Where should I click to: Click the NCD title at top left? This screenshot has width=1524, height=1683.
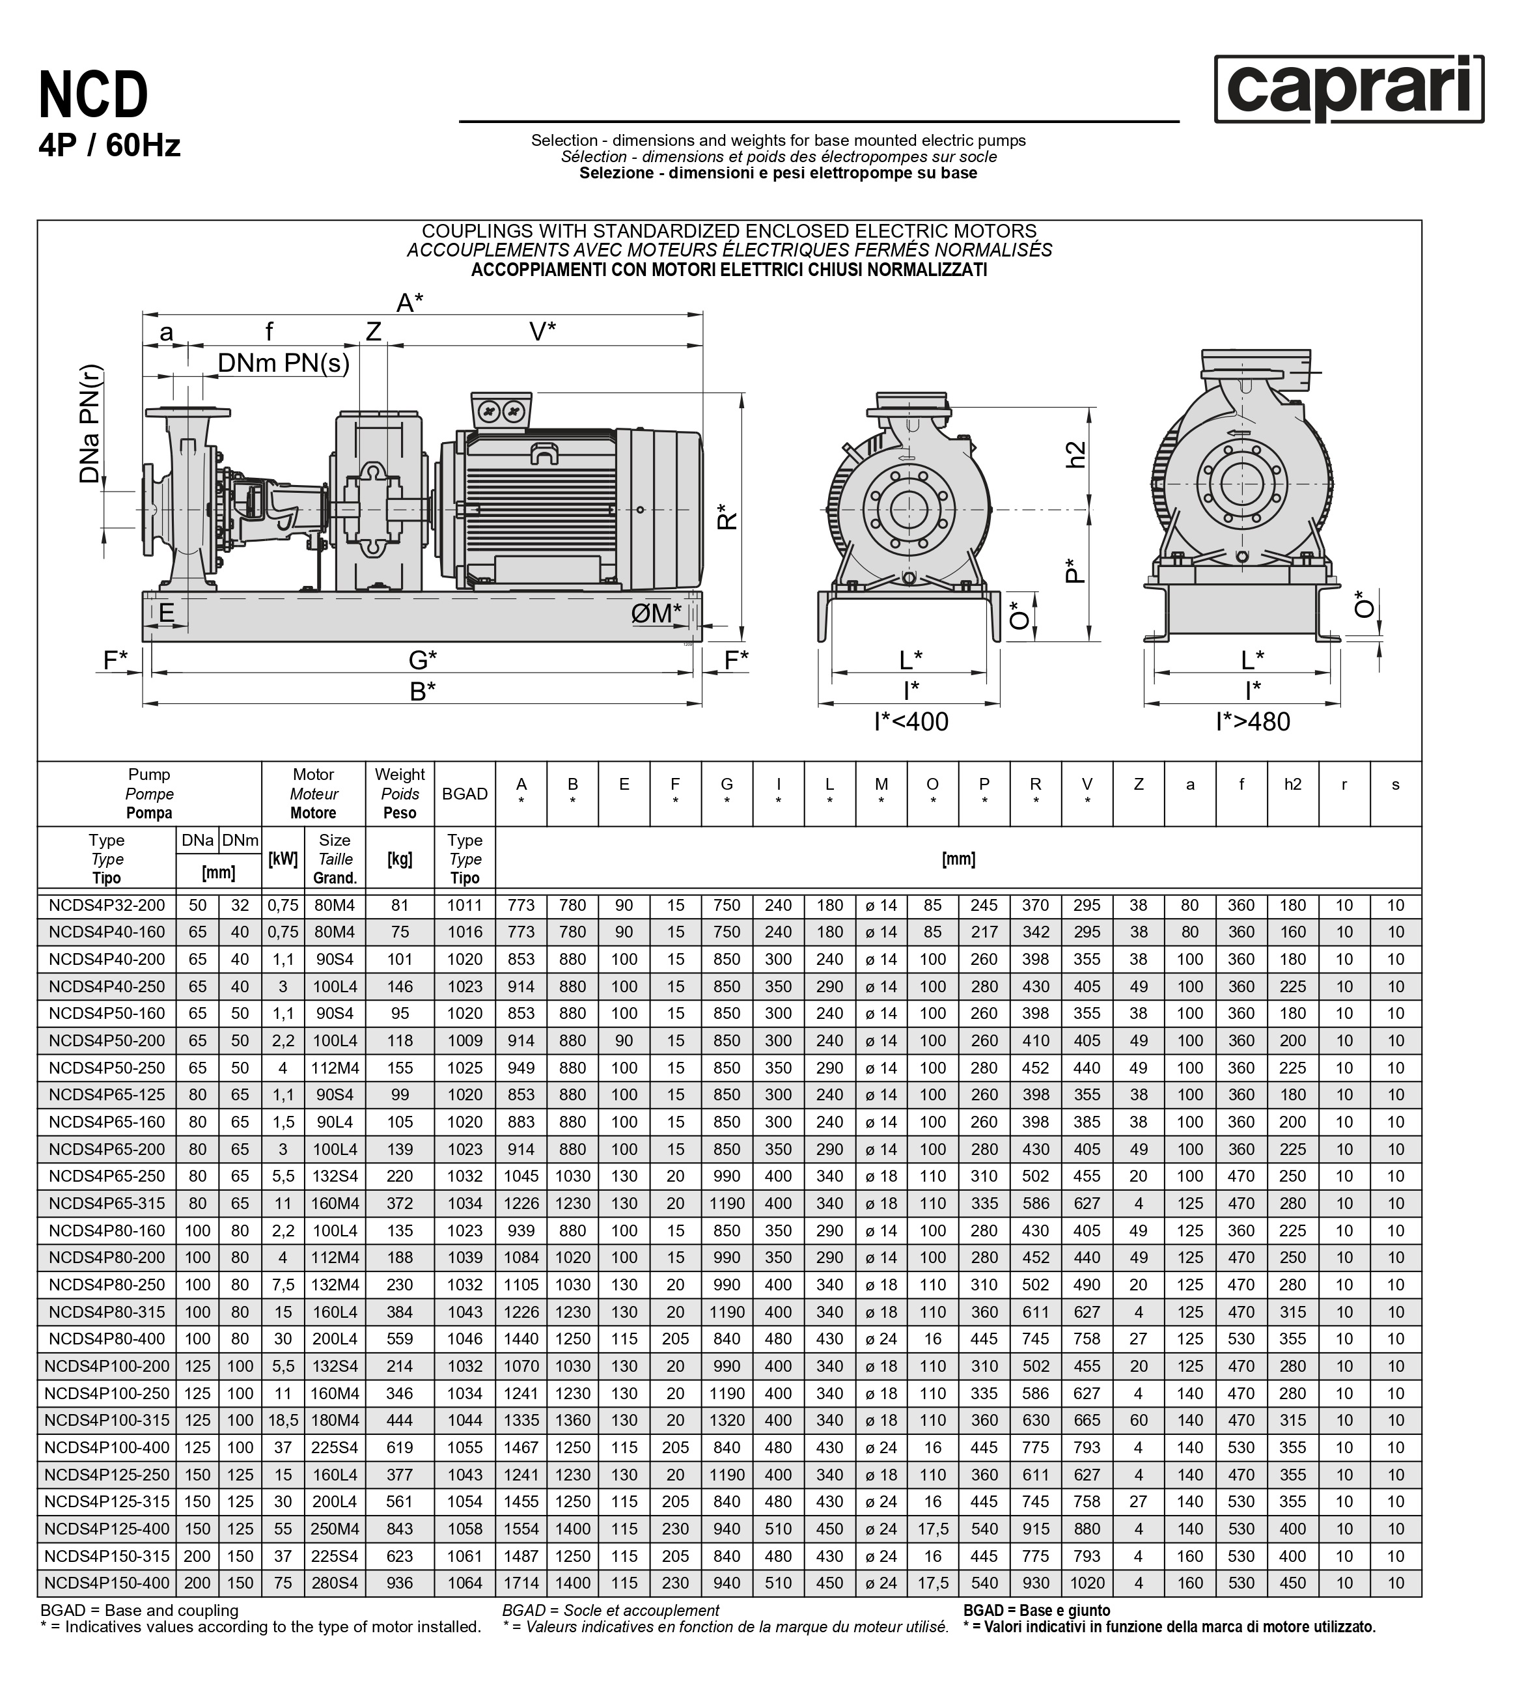pyautogui.click(x=94, y=95)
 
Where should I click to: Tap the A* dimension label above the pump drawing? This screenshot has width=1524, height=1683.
pyautogui.click(x=409, y=302)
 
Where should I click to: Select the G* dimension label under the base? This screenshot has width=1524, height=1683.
pyautogui.click(x=423, y=660)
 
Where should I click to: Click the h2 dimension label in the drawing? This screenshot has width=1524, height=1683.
pyautogui.click(x=1077, y=455)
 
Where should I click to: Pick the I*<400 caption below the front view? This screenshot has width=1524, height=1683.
pyautogui.click(x=911, y=721)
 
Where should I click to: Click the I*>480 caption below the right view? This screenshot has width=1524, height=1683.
pyautogui.click(x=1252, y=721)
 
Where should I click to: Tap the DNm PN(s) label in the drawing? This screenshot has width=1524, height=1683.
pyautogui.click(x=283, y=363)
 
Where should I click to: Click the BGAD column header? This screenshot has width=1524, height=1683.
pyautogui.click(x=464, y=794)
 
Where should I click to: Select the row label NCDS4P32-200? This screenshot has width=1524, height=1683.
pyautogui.click(x=107, y=905)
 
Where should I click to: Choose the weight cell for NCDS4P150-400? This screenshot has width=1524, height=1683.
pyautogui.click(x=400, y=1583)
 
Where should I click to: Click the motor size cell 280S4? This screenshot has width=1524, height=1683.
pyautogui.click(x=335, y=1583)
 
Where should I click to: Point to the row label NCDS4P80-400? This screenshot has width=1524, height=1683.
pyautogui.click(x=107, y=1339)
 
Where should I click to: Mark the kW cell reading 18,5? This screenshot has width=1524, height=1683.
pyautogui.click(x=283, y=1420)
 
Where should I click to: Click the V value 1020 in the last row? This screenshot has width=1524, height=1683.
pyautogui.click(x=1087, y=1583)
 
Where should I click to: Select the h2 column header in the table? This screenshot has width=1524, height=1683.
pyautogui.click(x=1292, y=784)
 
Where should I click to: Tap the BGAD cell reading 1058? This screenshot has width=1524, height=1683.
pyautogui.click(x=464, y=1529)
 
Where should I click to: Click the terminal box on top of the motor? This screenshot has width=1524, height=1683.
pyautogui.click(x=501, y=410)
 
